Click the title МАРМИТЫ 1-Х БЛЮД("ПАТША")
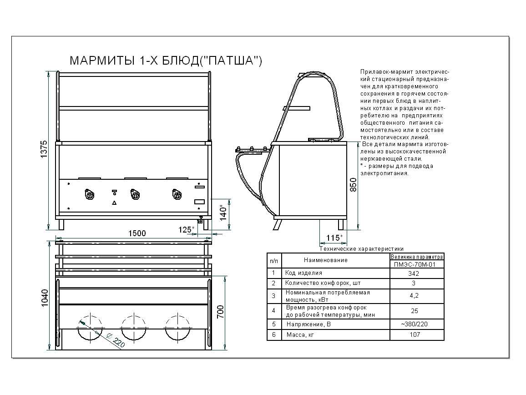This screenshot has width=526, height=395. (x=165, y=61)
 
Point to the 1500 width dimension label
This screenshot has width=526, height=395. (x=137, y=233)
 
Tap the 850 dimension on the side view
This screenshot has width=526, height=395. (x=353, y=184)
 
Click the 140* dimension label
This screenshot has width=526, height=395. (x=223, y=212)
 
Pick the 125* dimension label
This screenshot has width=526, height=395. (x=186, y=230)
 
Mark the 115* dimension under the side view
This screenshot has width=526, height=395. (x=334, y=238)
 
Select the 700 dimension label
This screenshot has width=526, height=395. (x=220, y=312)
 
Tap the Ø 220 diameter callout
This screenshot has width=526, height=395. (x=116, y=340)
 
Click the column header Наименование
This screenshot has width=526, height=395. (x=325, y=260)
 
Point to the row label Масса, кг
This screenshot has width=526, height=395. (x=300, y=335)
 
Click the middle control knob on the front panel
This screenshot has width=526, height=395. (x=134, y=195)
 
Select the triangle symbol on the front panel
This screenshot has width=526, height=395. (x=114, y=202)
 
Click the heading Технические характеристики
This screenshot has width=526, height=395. (x=362, y=249)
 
